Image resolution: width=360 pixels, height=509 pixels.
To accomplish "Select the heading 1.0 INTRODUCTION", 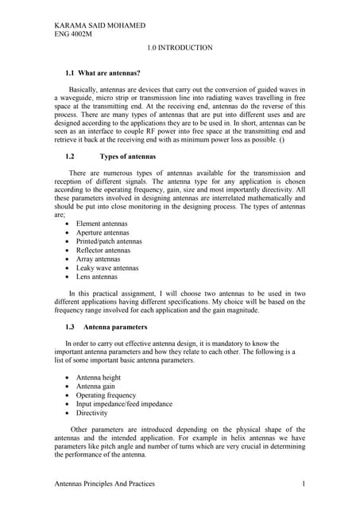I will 180,48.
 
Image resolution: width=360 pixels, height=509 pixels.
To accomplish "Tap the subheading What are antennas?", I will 109,72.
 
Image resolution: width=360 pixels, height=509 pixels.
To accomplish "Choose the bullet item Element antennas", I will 101,224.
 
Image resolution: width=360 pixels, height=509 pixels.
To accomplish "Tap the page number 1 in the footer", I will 304,484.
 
